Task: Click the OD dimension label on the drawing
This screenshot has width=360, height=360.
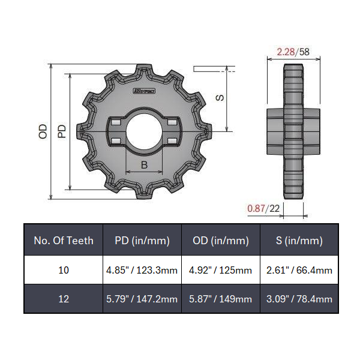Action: pyautogui.click(x=43, y=131)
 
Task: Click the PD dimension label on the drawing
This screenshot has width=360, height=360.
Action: pyautogui.click(x=61, y=131)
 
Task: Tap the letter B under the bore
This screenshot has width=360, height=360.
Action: pyautogui.click(x=144, y=164)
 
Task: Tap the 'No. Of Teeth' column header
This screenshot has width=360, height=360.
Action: pyautogui.click(x=64, y=241)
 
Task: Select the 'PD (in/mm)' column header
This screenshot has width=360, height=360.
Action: pyautogui.click(x=142, y=241)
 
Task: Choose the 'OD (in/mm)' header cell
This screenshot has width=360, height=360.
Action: pyautogui.click(x=220, y=241)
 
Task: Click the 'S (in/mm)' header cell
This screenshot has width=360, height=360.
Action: pyautogui.click(x=299, y=241)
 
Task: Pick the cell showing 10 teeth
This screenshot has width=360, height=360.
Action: pyautogui.click(x=64, y=270)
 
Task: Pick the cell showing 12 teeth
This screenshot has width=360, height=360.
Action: pyautogui.click(x=64, y=298)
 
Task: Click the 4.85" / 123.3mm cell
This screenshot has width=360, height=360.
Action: pyautogui.click(x=142, y=270)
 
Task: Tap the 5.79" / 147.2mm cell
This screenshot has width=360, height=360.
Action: pyautogui.click(x=142, y=298)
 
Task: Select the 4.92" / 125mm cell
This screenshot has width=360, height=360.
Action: pyautogui.click(x=220, y=270)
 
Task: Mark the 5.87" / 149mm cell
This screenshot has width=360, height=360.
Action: pyautogui.click(x=220, y=298)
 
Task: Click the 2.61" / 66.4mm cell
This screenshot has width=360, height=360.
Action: pyautogui.click(x=299, y=270)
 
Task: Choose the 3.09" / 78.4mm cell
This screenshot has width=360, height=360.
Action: pyautogui.click(x=299, y=298)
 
